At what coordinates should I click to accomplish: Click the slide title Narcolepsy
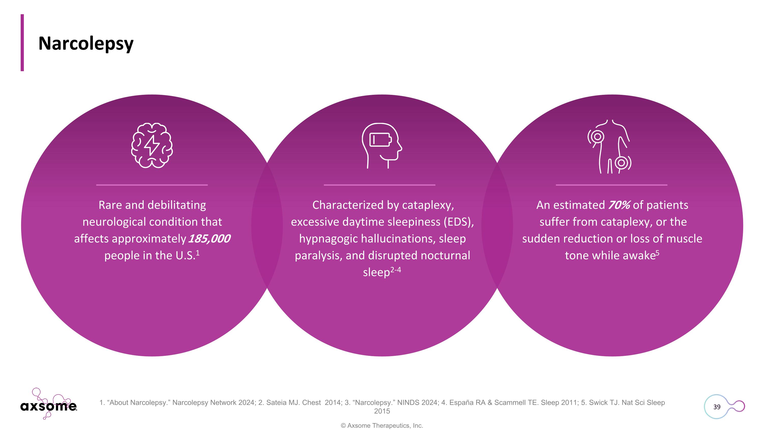click(x=86, y=44)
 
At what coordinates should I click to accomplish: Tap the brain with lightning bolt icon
click(x=152, y=145)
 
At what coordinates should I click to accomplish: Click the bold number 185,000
click(x=209, y=239)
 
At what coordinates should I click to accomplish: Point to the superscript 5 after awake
click(x=657, y=253)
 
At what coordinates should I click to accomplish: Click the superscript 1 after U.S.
click(x=198, y=253)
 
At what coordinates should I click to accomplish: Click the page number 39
click(x=717, y=407)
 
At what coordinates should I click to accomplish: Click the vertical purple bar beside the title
click(x=22, y=43)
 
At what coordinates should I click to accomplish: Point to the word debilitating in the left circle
click(x=177, y=205)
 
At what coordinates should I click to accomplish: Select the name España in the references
click(x=461, y=402)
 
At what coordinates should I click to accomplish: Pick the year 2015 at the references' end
click(x=382, y=411)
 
